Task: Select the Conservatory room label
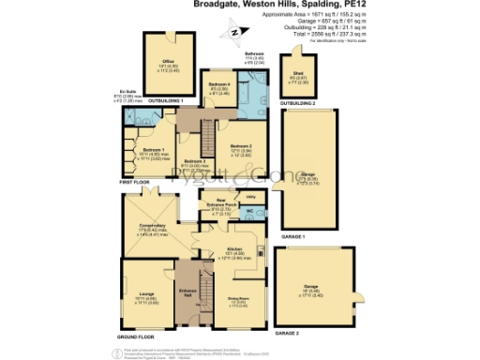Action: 153,225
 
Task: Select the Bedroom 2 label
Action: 241,145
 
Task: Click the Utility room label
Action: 250,198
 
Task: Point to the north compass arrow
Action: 231,35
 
